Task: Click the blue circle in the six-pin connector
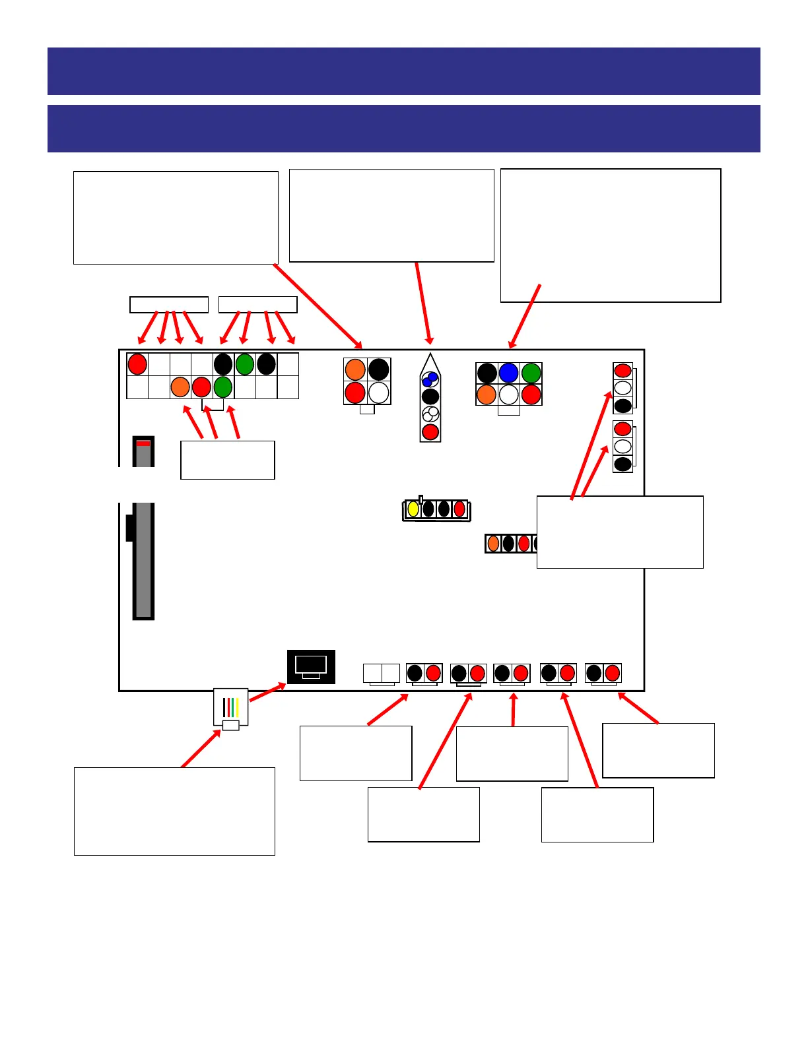pos(508,373)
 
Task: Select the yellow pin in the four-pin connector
pos(413,509)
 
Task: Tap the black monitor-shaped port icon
pos(311,666)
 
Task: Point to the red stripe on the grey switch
pos(143,443)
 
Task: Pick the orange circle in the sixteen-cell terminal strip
pos(180,387)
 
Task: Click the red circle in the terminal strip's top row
pos(137,364)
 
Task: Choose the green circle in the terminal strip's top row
pos(244,364)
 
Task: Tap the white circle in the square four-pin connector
pos(379,393)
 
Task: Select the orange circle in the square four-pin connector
pos(355,369)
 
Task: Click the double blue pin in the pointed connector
pos(430,379)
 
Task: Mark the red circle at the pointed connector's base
pos(430,432)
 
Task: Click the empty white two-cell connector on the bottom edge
pos(382,674)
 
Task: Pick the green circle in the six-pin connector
pos(531,373)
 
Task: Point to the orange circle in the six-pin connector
pos(487,395)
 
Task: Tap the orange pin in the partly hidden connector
pos(493,544)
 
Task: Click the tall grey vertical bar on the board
pos(143,561)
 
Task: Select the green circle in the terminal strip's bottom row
pos(223,387)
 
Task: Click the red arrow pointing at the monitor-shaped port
pos(267,692)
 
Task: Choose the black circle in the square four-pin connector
pos(379,369)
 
